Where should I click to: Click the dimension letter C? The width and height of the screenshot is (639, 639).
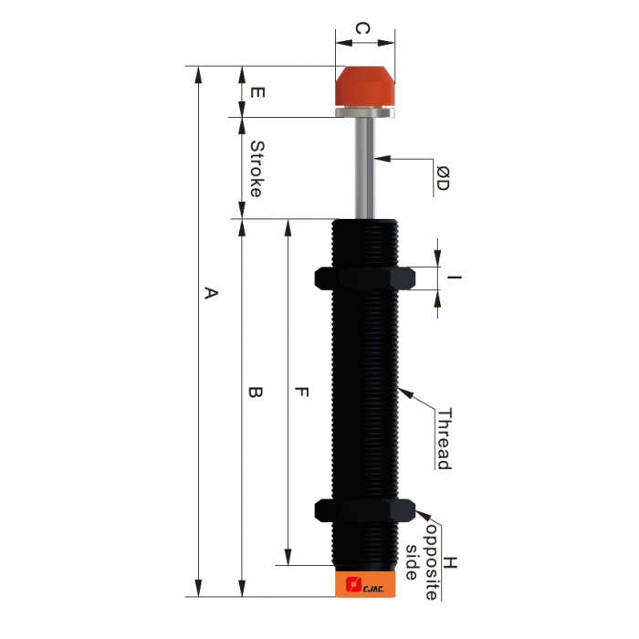[362, 30]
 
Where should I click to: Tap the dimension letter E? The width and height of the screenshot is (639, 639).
[258, 92]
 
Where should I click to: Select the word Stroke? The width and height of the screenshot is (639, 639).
[257, 169]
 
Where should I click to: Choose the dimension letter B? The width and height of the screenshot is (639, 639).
[257, 393]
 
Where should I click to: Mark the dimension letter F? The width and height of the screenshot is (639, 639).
[302, 393]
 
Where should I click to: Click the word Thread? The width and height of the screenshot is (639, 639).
[443, 439]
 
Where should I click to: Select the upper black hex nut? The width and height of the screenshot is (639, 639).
[364, 278]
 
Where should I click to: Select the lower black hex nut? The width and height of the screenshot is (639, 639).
[364, 511]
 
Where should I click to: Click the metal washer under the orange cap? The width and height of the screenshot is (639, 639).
[366, 113]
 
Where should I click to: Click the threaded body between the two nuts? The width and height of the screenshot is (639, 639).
[364, 393]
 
